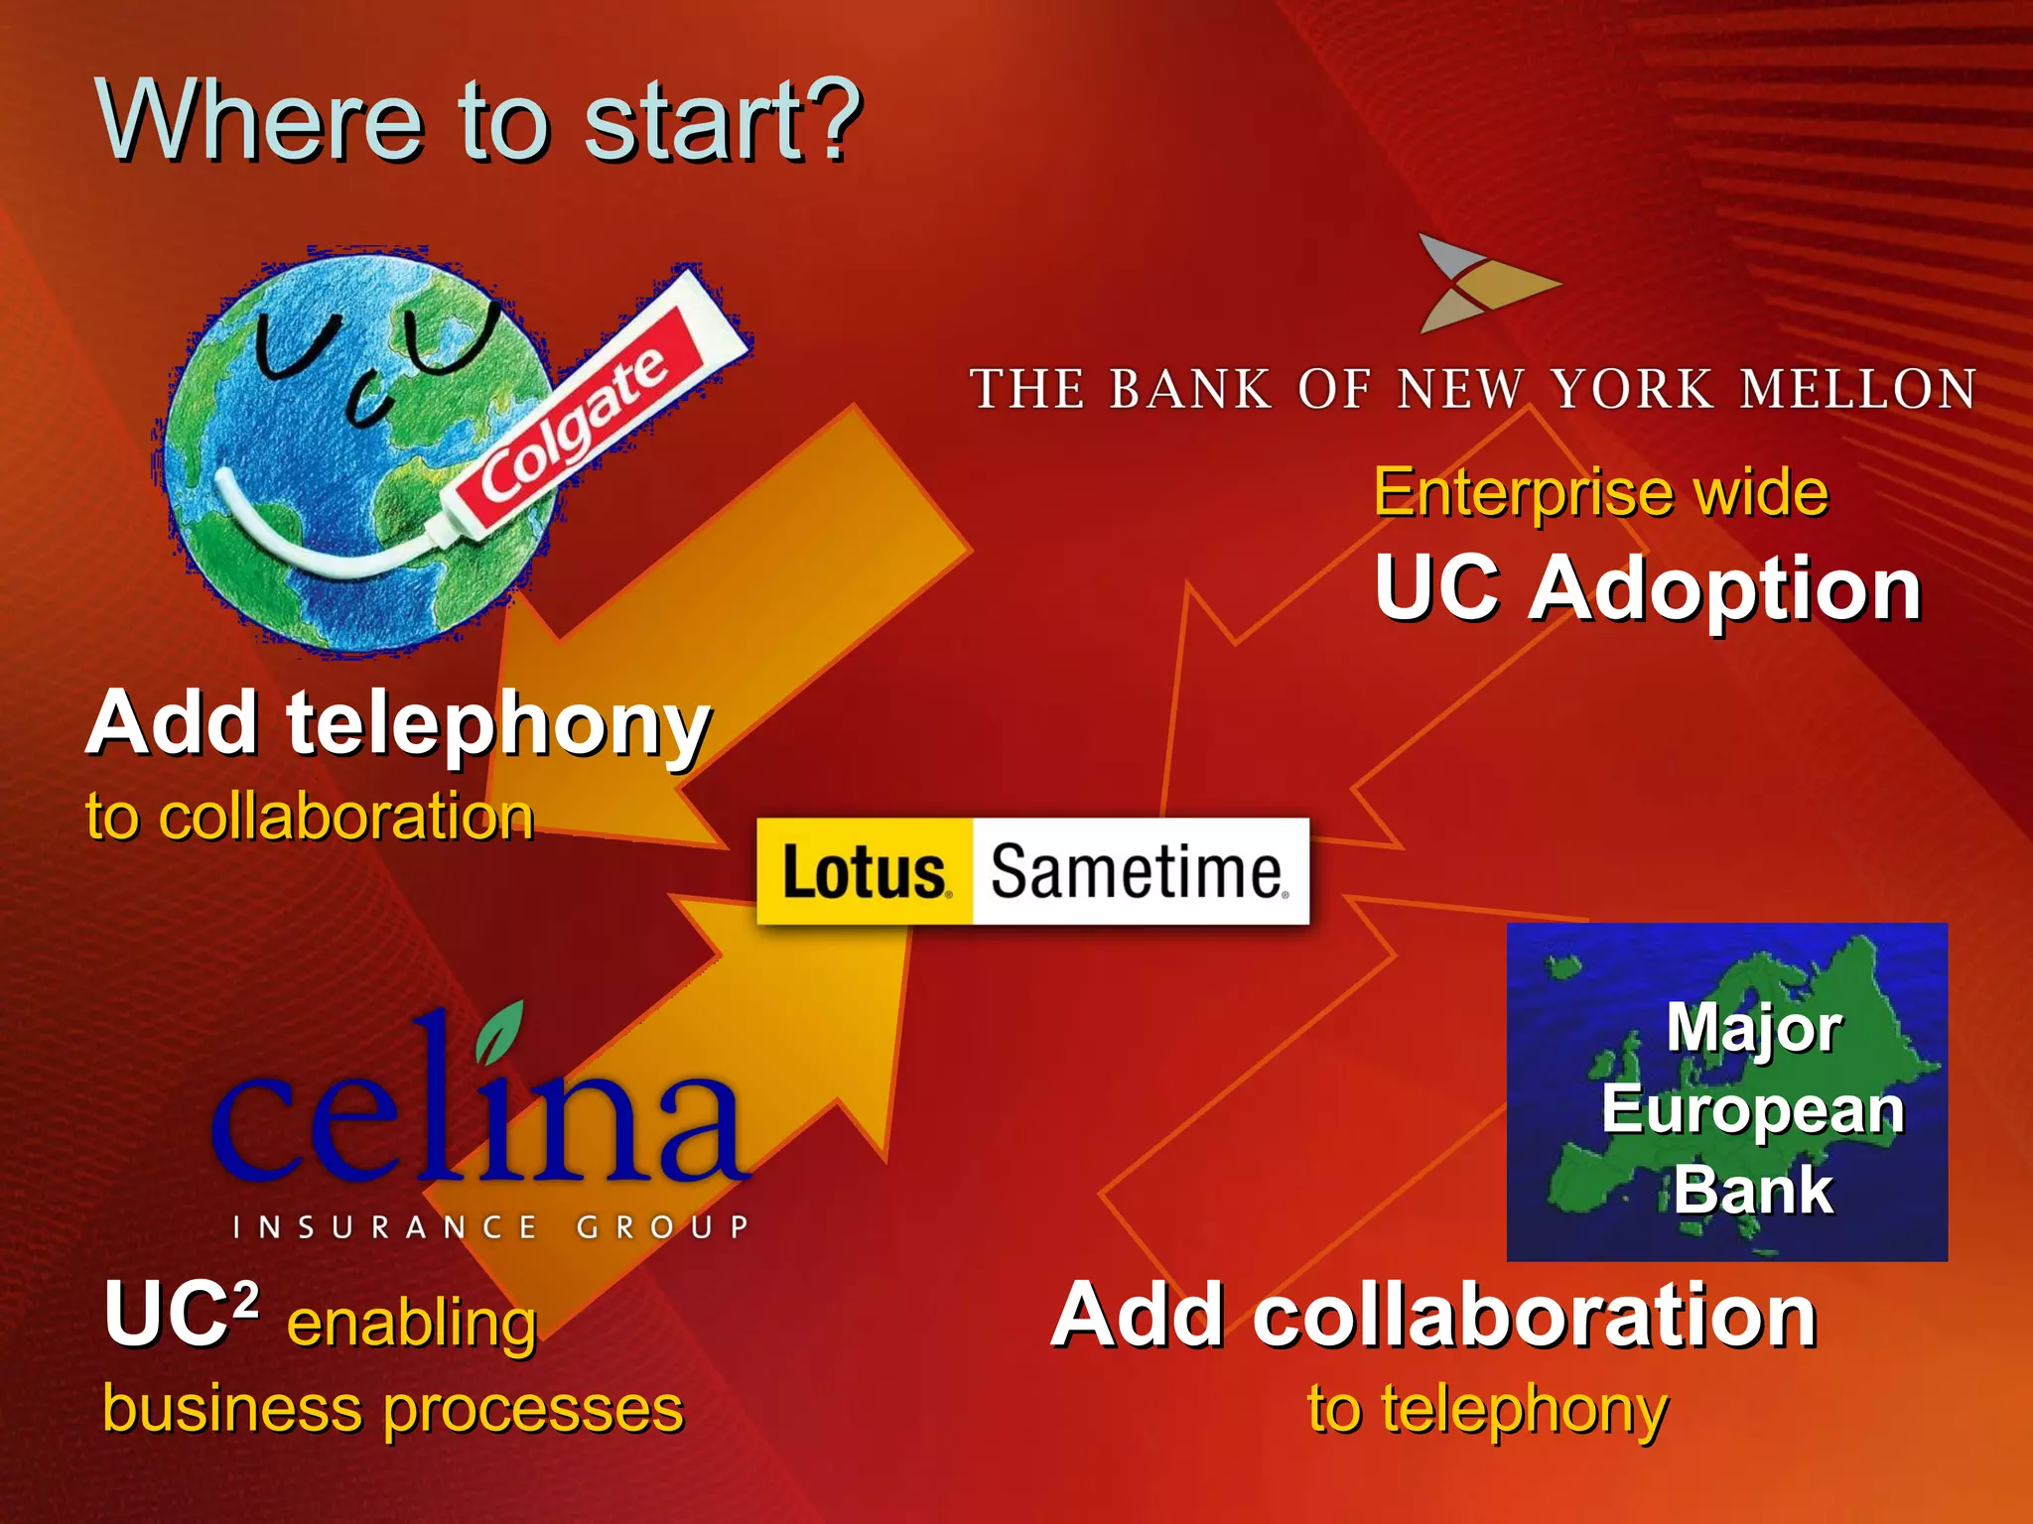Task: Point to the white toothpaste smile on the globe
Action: click(298, 541)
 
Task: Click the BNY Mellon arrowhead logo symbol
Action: click(1479, 283)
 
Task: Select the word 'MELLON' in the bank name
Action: click(1858, 389)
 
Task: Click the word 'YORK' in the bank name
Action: click(1633, 389)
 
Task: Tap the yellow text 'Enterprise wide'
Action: click(1600, 492)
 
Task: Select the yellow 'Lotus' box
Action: click(865, 872)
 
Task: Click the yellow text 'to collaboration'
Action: click(310, 817)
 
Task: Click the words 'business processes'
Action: click(393, 1409)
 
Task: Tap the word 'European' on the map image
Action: click(1752, 1109)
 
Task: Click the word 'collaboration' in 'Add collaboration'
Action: click(1534, 1316)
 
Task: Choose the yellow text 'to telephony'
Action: click(1487, 1409)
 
